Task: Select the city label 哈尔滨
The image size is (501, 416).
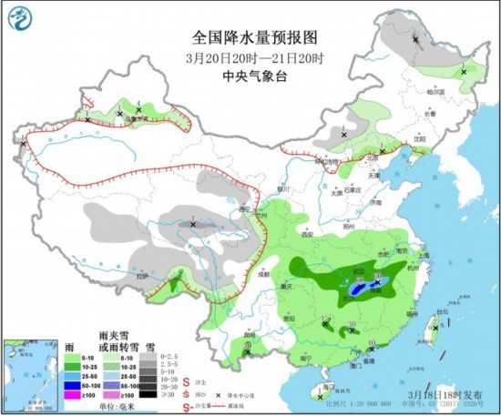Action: click(438, 92)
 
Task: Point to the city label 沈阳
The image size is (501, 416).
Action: click(420, 137)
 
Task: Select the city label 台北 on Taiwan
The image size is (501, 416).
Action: click(444, 312)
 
